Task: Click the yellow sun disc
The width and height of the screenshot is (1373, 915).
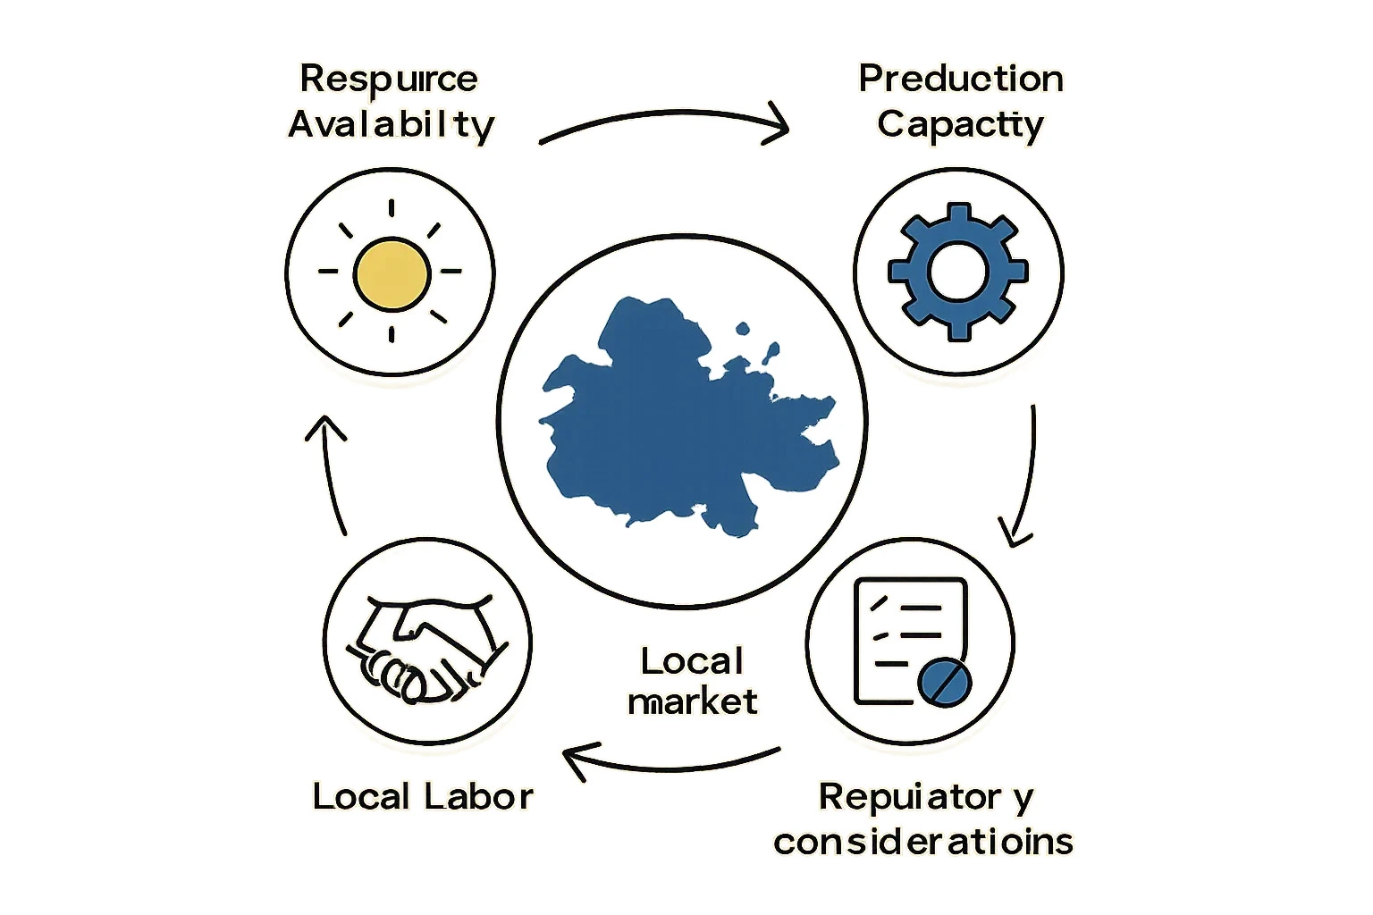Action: pos(392,274)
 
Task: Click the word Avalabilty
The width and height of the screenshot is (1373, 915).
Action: pos(391,125)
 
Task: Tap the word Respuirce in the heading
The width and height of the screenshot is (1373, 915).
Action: pos(389,80)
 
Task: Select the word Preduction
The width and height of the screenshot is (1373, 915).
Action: pos(961,80)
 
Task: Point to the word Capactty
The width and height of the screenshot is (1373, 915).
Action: pos(960,125)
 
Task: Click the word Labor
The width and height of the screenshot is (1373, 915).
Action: pos(478,796)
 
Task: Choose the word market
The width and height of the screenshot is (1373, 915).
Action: pos(693,701)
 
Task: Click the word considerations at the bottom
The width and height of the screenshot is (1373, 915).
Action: pos(923,842)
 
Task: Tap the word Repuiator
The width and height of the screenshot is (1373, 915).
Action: pos(910,796)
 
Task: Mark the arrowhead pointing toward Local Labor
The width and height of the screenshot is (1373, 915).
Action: pos(576,760)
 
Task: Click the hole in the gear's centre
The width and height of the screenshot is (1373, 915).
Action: pos(958,272)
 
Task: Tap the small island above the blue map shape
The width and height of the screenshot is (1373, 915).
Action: pos(743,329)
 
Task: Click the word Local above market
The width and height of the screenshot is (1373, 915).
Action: pos(692,661)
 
